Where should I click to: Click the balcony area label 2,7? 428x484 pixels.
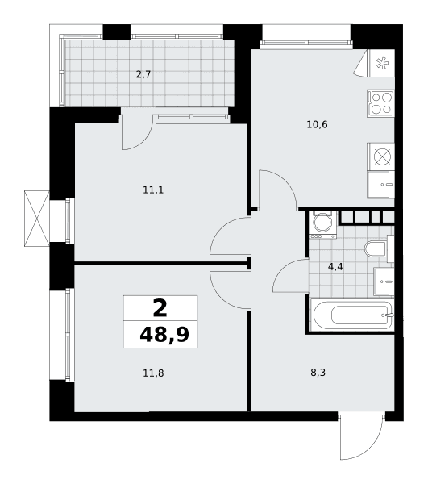[143, 74]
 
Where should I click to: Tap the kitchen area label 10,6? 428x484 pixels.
[317, 124]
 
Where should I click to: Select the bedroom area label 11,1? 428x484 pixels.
[153, 190]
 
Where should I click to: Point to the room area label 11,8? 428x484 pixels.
[153, 373]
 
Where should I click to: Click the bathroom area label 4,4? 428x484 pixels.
[335, 267]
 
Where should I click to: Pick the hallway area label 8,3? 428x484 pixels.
[318, 373]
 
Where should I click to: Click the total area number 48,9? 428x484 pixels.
[164, 335]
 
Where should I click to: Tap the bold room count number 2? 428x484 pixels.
[160, 308]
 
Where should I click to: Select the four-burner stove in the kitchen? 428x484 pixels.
[380, 103]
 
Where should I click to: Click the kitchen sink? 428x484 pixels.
[380, 185]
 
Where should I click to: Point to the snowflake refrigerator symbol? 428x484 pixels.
[382, 63]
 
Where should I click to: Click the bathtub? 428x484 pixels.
[352, 315]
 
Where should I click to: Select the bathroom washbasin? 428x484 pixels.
[384, 282]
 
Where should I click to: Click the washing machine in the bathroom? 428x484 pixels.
[322, 225]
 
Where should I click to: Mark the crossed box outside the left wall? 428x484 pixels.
[37, 219]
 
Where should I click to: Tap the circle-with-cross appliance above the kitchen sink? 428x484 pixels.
[382, 156]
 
